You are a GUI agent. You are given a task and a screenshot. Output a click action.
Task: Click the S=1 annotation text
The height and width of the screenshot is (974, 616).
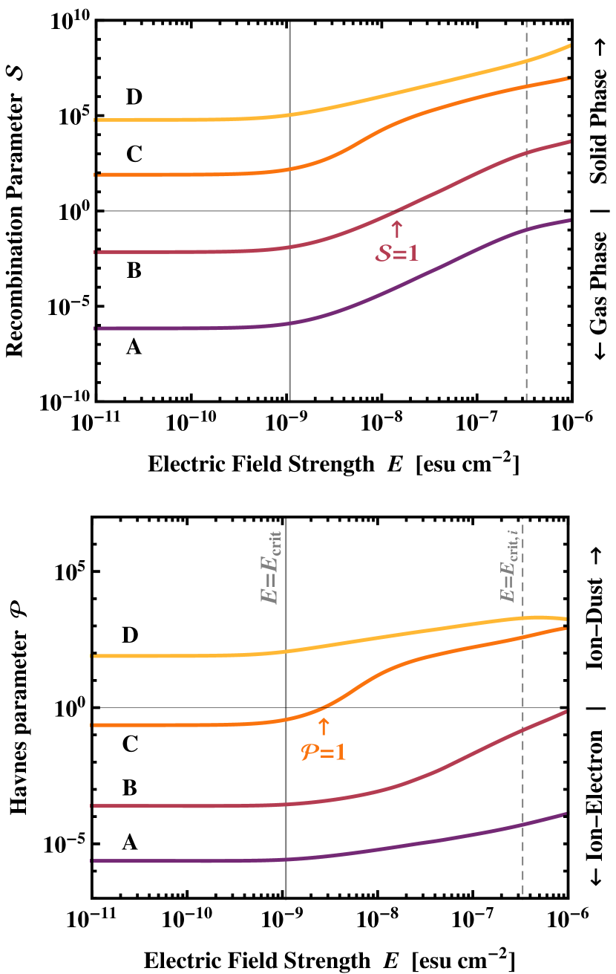[396, 253]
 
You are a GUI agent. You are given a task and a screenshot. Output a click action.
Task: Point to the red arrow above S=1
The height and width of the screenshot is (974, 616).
[396, 228]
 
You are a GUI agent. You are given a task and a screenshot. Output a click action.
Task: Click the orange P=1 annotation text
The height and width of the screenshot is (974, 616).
[323, 752]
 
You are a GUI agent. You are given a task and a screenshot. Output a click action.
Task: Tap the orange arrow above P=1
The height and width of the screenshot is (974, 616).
[323, 726]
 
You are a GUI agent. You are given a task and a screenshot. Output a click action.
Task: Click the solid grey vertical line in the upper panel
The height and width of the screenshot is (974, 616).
[289, 371]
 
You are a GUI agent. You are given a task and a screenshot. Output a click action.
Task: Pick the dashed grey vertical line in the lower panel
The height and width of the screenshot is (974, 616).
[523, 877]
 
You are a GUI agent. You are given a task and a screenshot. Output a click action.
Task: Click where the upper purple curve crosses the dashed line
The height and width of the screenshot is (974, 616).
[527, 230]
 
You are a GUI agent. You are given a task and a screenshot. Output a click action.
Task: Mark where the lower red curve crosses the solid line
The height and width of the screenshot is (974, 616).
[286, 805]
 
